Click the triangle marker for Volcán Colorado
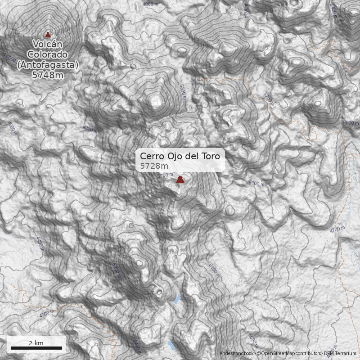(x=48, y=34)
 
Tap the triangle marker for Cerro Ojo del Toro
(x=180, y=180)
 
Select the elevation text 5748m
(x=47, y=75)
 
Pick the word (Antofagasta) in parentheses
(x=48, y=65)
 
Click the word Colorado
(x=48, y=54)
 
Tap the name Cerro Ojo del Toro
(x=180, y=156)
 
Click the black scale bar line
(x=36, y=348)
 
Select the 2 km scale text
(x=36, y=343)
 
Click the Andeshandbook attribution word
(x=237, y=354)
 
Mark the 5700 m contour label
(x=166, y=175)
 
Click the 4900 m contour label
(x=90, y=129)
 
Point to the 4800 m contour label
(x=151, y=4)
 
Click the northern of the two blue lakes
(x=178, y=299)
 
